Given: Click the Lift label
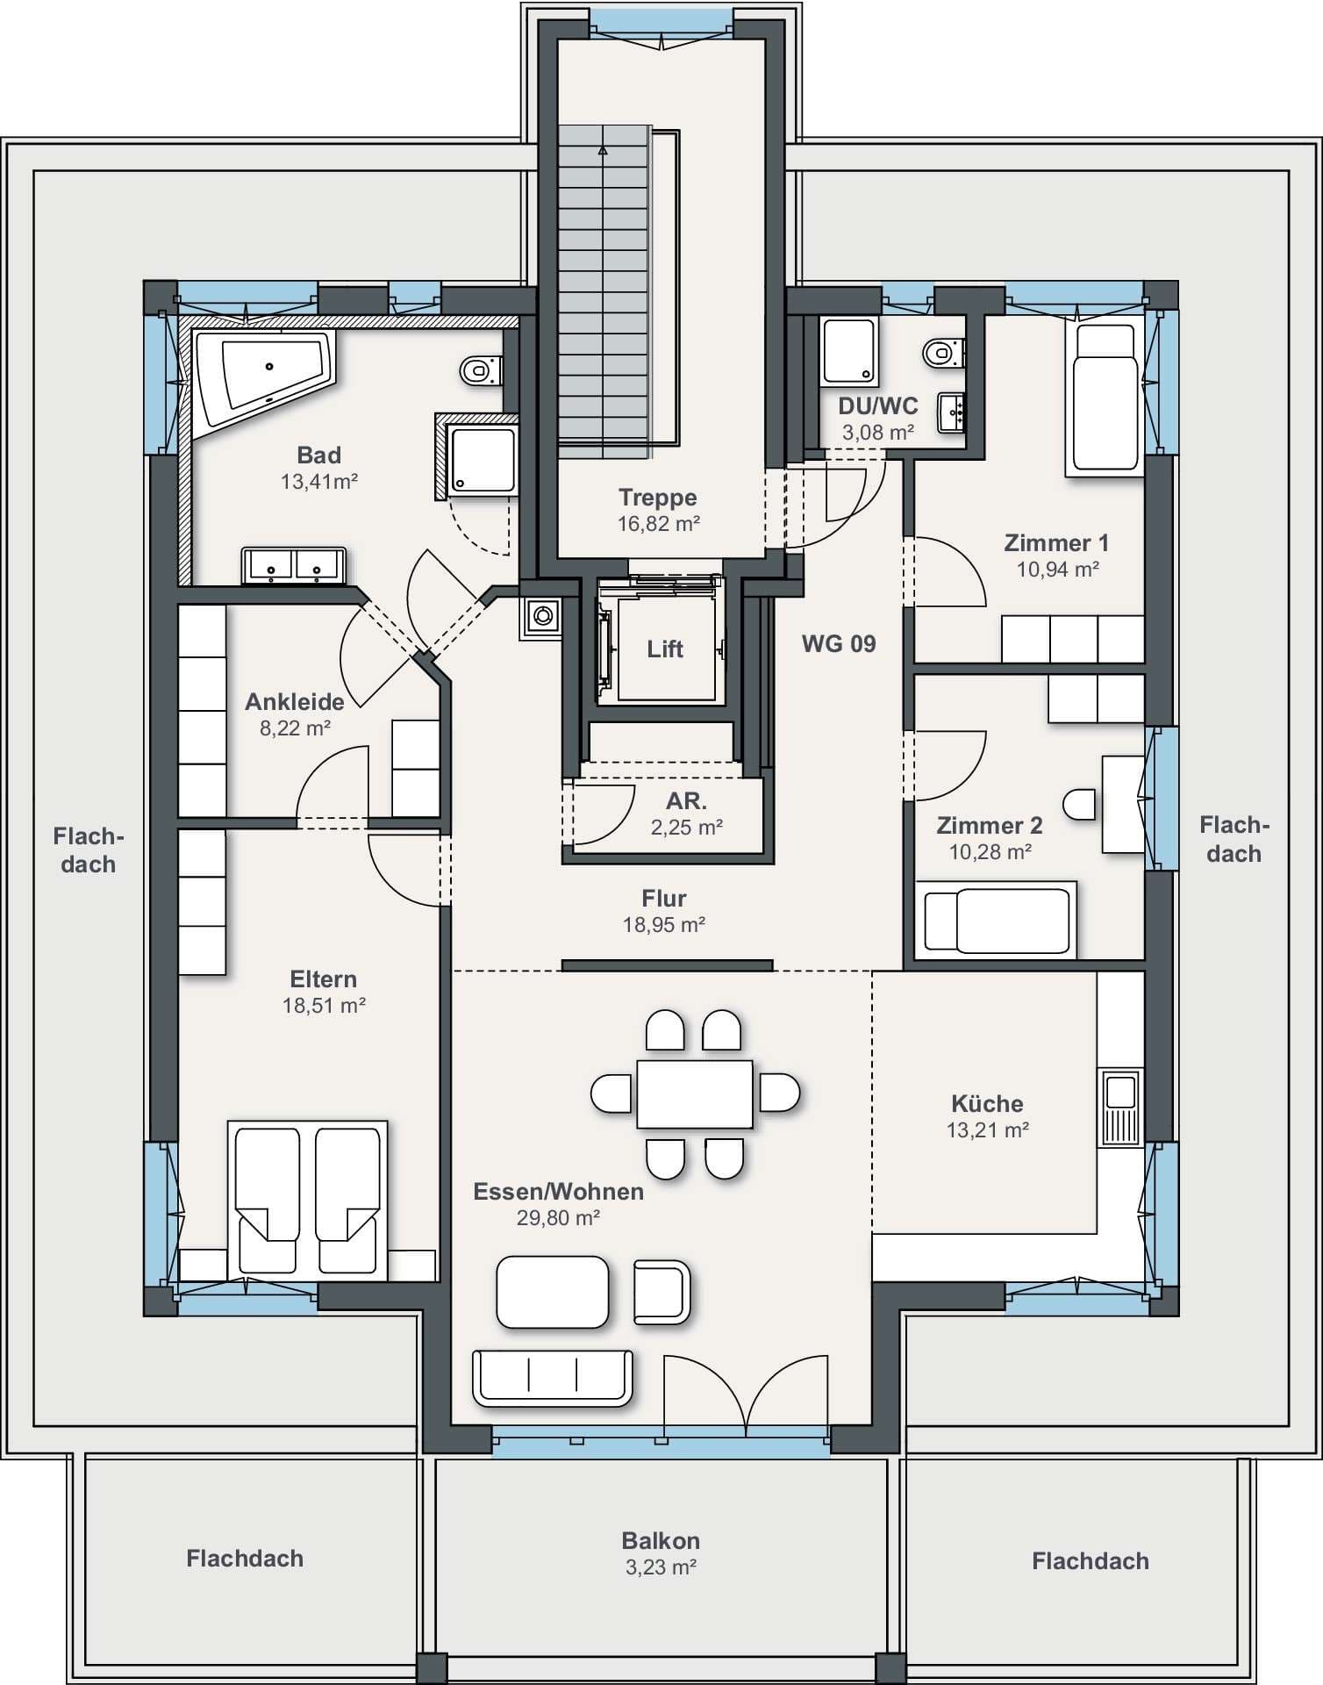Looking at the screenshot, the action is [x=665, y=649].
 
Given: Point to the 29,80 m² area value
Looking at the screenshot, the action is [x=558, y=1218].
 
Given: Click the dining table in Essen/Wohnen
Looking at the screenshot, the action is [x=695, y=1093].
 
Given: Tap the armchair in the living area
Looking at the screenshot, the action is [x=661, y=1291].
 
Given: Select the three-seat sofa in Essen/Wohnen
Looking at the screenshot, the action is [x=553, y=1378].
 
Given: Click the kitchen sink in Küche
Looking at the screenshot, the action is [x=1120, y=1108].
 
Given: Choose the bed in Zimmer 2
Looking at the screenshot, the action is [x=996, y=921].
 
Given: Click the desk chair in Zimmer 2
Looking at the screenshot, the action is [x=1079, y=804].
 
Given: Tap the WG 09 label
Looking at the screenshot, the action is [x=839, y=644].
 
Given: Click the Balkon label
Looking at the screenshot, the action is [x=661, y=1541].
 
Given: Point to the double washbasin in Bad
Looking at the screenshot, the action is [x=294, y=566].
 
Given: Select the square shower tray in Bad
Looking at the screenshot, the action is [x=482, y=459].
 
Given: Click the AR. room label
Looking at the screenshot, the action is [x=687, y=801].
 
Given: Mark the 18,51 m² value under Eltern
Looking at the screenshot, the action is [x=324, y=1006].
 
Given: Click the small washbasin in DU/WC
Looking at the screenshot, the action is [x=952, y=412].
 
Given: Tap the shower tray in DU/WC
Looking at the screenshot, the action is [x=848, y=351].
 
